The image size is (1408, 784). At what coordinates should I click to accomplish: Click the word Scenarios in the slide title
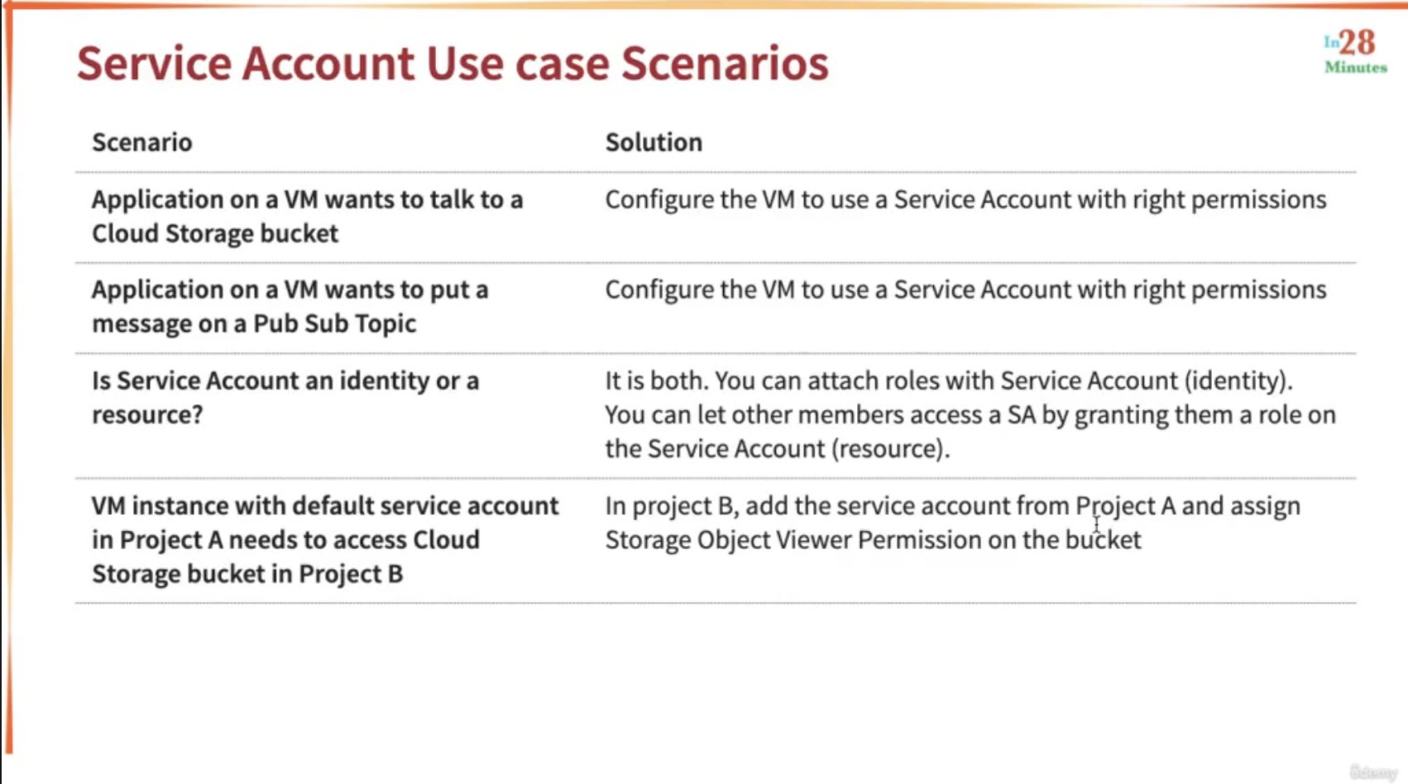[725, 64]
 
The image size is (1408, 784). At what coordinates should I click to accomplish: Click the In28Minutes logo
[1356, 51]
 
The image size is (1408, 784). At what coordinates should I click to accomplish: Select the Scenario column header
[142, 142]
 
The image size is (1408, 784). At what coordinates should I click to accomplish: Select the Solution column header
[654, 142]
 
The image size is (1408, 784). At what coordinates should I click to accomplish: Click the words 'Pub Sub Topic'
[334, 323]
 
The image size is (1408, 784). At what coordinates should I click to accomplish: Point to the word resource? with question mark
[148, 414]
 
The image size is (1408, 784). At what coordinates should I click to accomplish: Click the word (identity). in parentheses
[1238, 380]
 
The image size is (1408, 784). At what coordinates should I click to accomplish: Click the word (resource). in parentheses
[891, 448]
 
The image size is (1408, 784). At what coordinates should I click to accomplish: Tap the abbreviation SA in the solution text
[1022, 414]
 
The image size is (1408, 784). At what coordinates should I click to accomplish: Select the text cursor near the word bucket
[1096, 524]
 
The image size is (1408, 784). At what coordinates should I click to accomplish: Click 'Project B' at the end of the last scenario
[351, 574]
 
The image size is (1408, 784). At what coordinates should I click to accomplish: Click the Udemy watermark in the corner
[1372, 772]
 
